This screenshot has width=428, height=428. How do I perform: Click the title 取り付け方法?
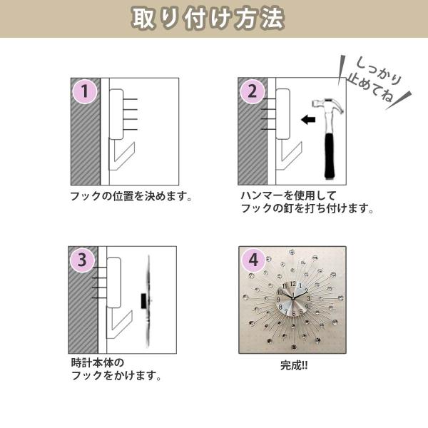coord(208,19)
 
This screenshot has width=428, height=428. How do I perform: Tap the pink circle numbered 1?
coord(85,91)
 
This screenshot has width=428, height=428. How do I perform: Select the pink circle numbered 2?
coord(253,91)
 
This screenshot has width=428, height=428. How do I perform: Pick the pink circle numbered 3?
coord(82,260)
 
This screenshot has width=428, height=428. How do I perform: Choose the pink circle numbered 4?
coord(253,260)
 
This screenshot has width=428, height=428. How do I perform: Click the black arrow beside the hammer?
coord(308,120)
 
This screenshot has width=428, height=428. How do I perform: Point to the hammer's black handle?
coord(331,156)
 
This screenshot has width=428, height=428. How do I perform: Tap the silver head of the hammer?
coord(327,105)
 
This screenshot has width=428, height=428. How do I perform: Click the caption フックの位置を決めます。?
coord(131,197)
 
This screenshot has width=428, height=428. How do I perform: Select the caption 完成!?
coord(294,365)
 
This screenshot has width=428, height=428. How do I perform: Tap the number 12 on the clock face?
coord(293,284)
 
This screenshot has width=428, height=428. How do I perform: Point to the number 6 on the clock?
coord(294,314)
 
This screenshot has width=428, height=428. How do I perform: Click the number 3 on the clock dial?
coord(308,298)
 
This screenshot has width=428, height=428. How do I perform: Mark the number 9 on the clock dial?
coord(278,300)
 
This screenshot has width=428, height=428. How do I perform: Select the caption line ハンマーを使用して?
coord(288,195)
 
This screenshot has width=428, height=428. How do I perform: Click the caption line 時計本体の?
coord(98,362)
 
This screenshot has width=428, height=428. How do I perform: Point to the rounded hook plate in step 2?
coord(282,114)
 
